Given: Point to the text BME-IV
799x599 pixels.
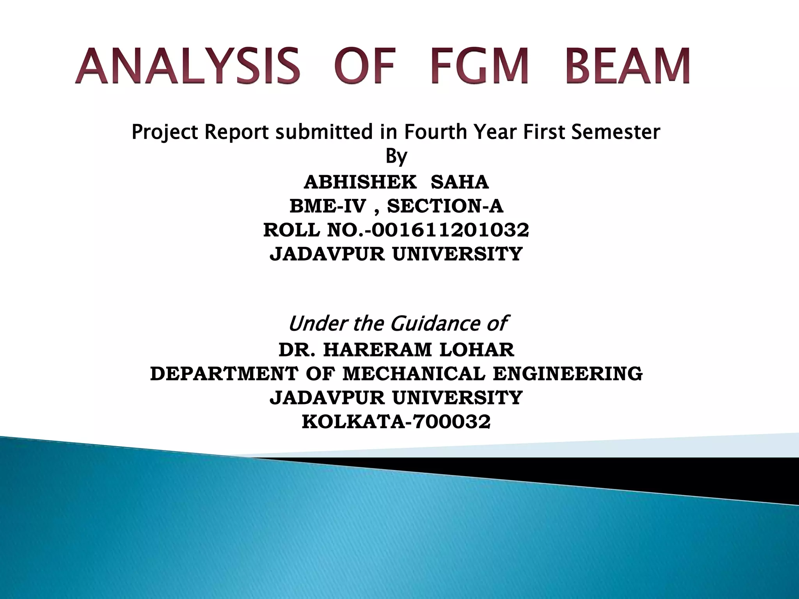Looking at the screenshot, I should point(327,206).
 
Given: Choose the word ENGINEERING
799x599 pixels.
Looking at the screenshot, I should point(568,374).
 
